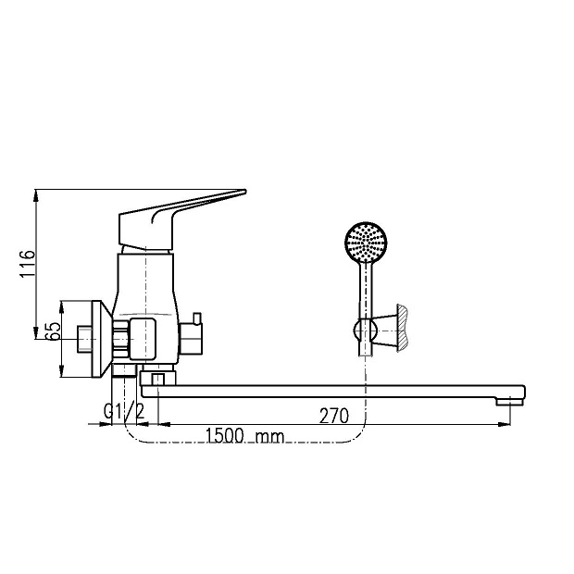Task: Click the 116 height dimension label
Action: tap(28, 264)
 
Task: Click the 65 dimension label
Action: tap(54, 331)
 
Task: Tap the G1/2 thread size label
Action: tap(124, 411)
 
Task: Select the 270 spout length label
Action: tap(334, 416)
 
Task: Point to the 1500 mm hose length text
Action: tap(244, 436)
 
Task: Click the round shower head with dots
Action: tap(366, 242)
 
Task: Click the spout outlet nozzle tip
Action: tap(509, 402)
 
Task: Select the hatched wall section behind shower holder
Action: tap(403, 328)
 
